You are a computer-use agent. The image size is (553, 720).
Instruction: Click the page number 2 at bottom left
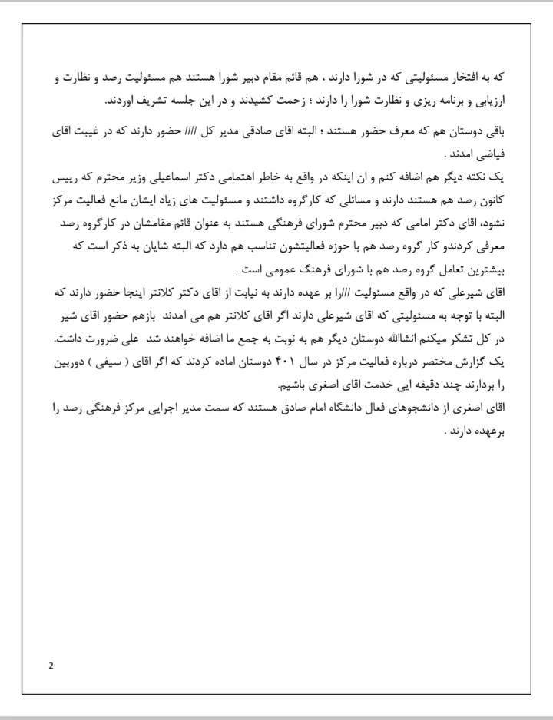point(51,665)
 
